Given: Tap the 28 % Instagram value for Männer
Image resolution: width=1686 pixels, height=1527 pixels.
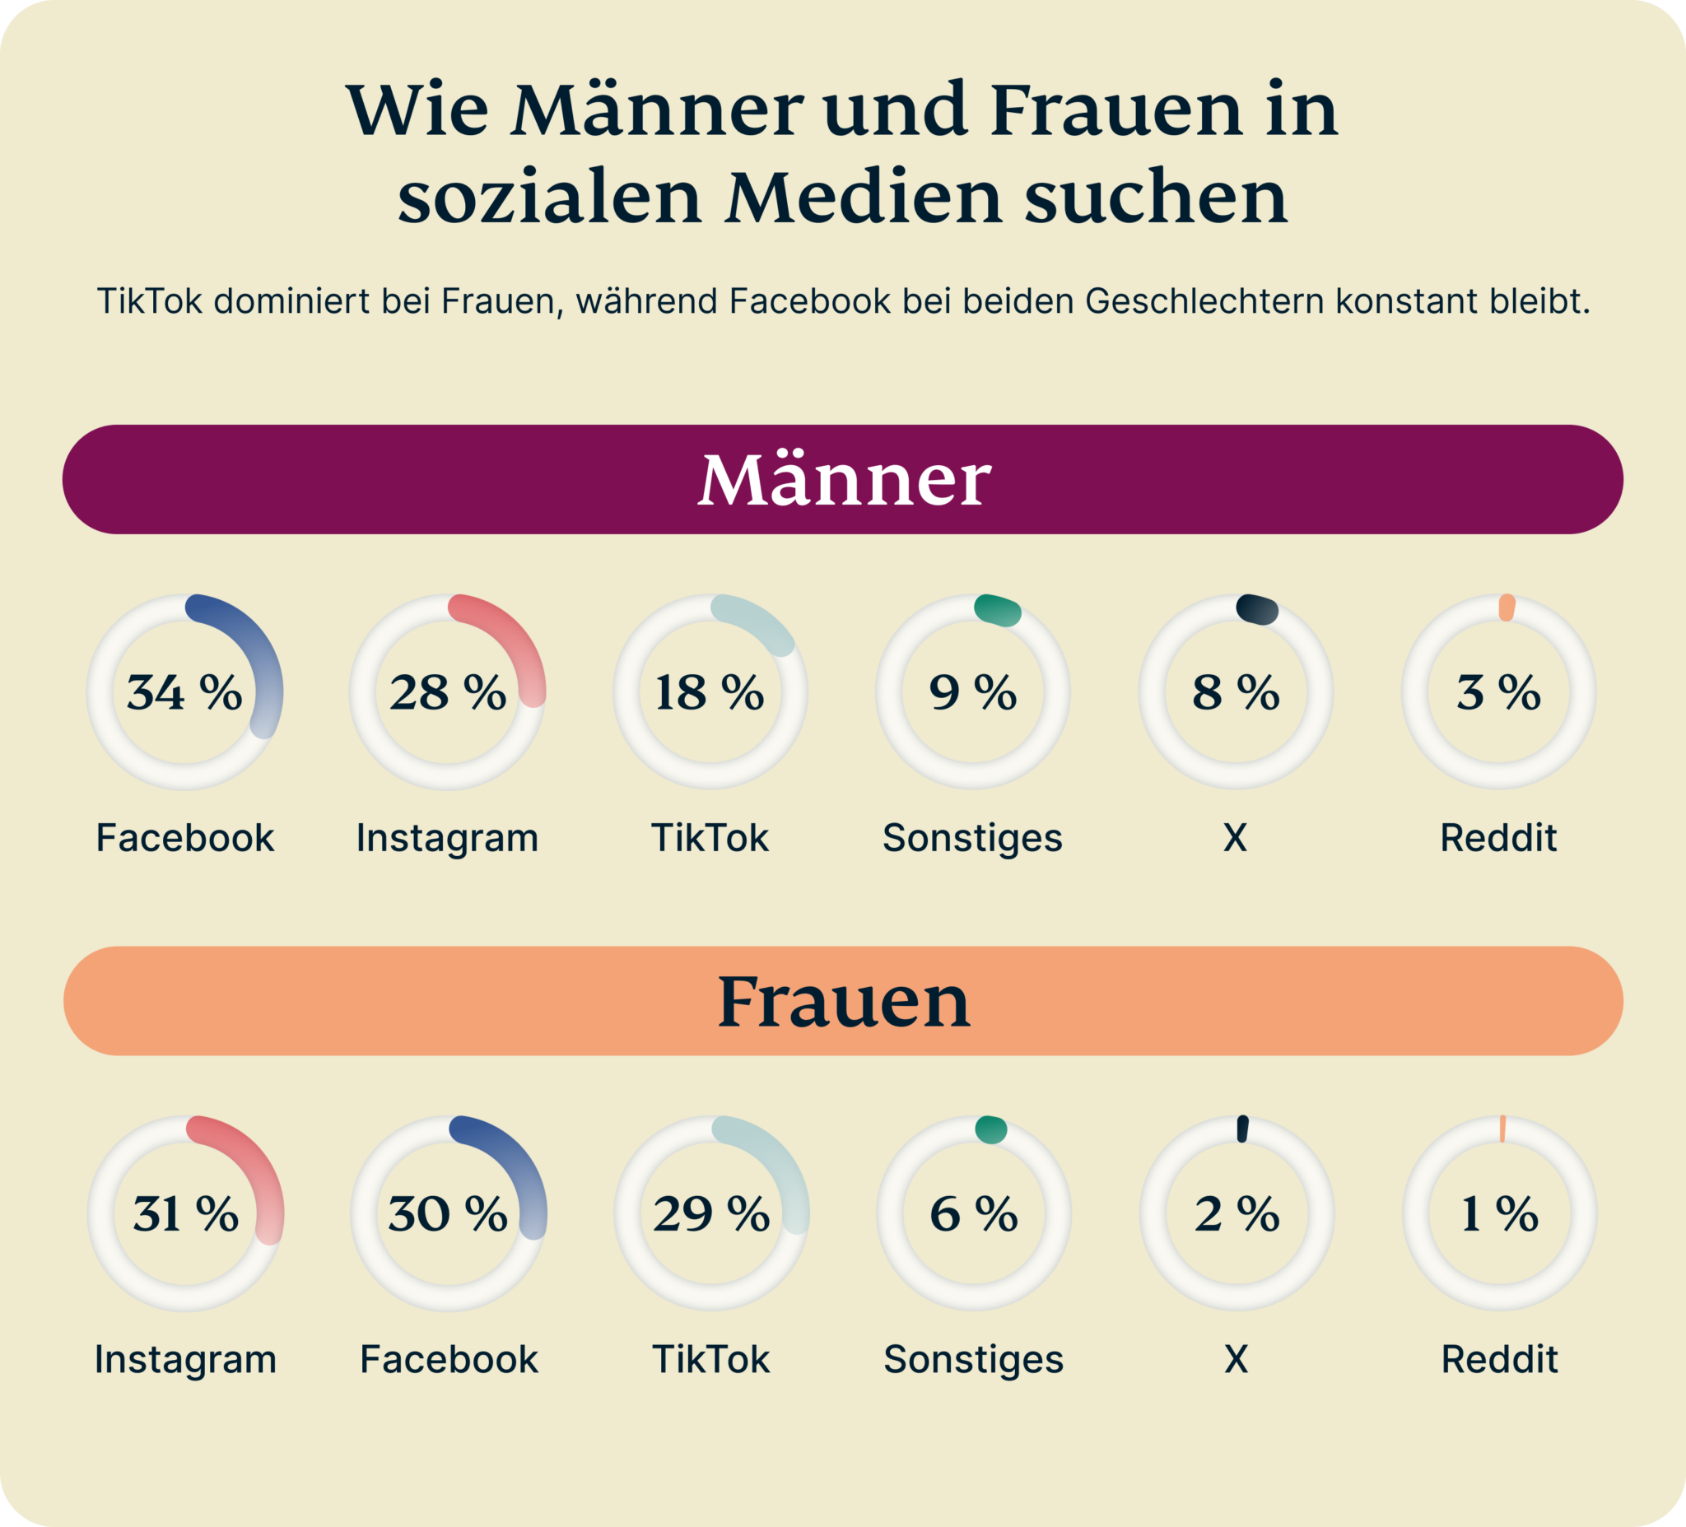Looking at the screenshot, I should coord(447,692).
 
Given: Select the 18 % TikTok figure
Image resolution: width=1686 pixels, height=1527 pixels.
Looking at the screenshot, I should coord(709,692).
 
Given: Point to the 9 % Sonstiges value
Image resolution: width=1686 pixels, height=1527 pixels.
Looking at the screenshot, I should coord(972,692).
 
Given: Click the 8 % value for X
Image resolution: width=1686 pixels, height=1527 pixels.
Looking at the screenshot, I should coord(1235,692).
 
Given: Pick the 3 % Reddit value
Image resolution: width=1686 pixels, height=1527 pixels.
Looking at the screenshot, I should coord(1497,692).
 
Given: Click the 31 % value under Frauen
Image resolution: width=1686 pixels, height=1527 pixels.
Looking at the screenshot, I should coord(186,1213).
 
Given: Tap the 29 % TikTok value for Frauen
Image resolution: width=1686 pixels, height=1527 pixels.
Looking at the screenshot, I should coord(710,1213).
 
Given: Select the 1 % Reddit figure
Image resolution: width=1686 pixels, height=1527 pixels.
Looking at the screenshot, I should coord(1498,1213).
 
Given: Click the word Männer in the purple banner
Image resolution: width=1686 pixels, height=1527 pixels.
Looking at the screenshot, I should coord(843,480).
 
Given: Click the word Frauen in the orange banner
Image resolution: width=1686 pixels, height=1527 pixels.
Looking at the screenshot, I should coord(843,1001).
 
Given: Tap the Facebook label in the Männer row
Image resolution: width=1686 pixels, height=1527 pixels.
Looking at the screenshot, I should coord(185,838).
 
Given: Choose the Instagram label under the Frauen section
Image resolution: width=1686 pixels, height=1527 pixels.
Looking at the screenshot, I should coord(186,1359).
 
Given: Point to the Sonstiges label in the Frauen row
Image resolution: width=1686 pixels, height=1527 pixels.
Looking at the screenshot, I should coord(973,1359).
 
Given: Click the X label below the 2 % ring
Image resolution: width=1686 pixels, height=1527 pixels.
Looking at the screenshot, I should coord(1236,1359).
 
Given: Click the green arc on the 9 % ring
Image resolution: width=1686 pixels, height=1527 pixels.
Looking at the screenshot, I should coord(998,610).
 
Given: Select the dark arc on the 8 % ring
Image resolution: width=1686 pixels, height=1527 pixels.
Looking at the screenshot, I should coord(1258,609).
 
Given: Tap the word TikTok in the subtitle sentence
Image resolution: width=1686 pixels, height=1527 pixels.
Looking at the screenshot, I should coord(149,301).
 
